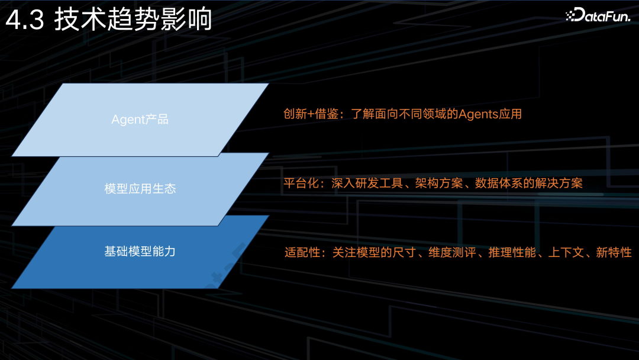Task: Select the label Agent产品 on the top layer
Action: coord(140,119)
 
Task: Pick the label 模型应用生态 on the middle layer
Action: coord(140,189)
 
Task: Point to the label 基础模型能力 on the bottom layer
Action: coord(140,252)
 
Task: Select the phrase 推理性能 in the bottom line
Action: coord(513,253)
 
